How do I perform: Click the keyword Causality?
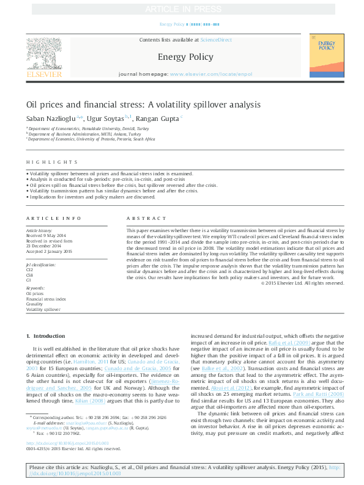(x=34, y=304)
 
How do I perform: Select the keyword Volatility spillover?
(x=43, y=310)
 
